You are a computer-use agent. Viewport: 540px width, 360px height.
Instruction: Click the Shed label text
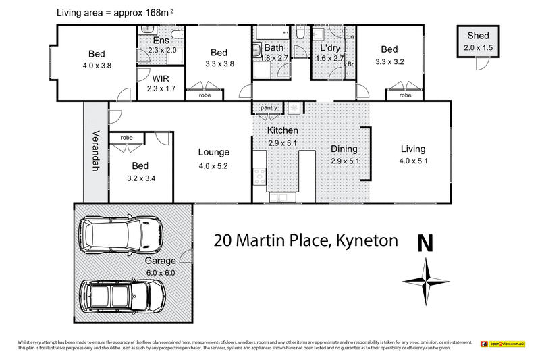point(477,36)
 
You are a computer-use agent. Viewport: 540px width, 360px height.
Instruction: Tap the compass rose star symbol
point(426,281)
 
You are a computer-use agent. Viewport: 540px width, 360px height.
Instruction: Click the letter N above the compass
point(425,243)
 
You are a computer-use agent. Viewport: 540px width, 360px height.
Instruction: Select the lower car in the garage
point(122,294)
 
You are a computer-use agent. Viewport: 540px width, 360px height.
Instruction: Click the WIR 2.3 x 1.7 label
point(161,84)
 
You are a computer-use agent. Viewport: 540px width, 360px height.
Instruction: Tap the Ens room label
point(161,41)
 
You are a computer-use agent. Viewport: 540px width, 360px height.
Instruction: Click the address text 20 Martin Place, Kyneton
point(306,240)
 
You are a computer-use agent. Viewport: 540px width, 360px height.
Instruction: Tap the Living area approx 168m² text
point(113,12)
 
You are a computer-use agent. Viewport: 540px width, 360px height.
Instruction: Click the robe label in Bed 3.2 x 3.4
point(127,137)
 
